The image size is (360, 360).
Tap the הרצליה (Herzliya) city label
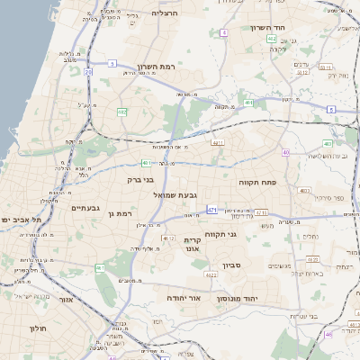click(x=165, y=13)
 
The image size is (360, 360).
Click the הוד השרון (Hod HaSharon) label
click(x=290, y=27)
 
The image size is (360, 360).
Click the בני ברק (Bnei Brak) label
click(x=141, y=179)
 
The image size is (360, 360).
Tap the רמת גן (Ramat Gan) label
click(x=119, y=213)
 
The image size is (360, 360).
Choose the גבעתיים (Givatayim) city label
click(x=85, y=208)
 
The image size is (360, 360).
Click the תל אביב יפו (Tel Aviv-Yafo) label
click(x=17, y=220)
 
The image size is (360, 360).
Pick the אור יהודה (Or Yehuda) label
click(x=183, y=296)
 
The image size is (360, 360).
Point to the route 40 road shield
click(x=285, y=152)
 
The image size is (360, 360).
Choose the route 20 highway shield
click(x=88, y=71)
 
